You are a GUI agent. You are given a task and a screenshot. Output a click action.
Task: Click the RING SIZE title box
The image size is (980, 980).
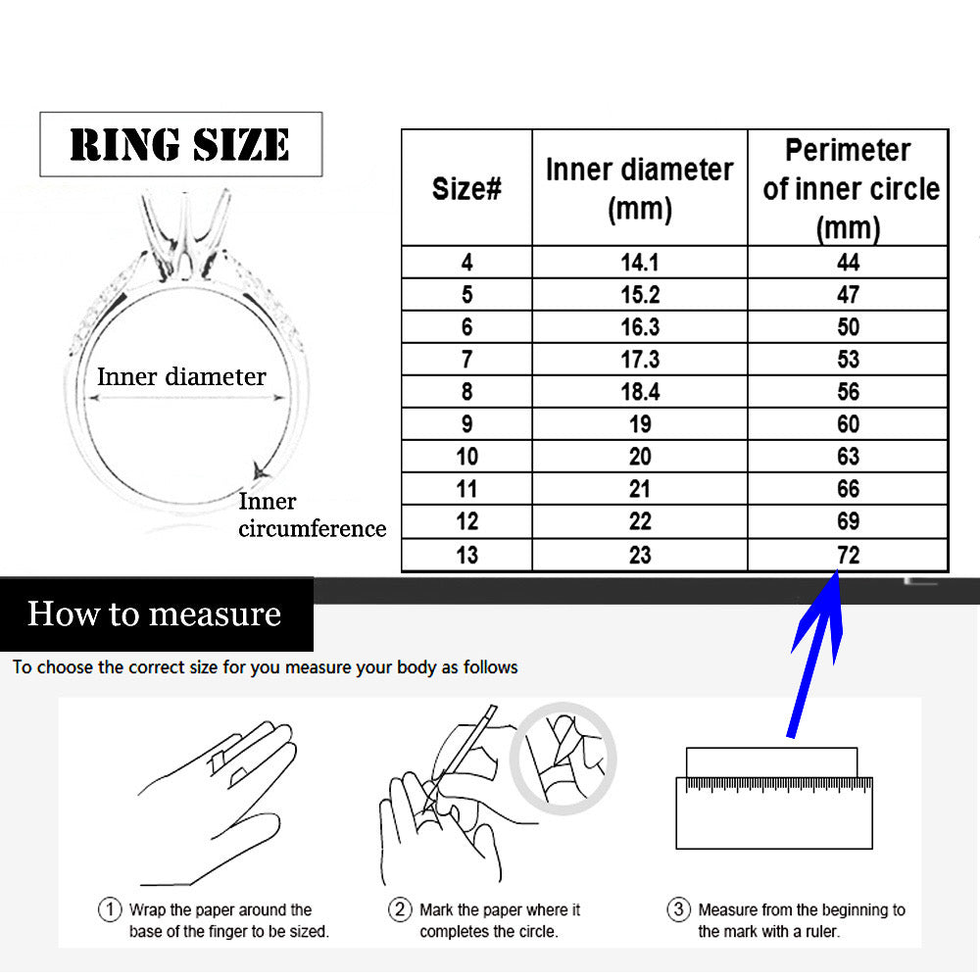[x=180, y=144]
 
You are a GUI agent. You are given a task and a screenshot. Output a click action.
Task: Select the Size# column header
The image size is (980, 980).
[x=466, y=188]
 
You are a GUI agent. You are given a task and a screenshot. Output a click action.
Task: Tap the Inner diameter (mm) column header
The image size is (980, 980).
[x=639, y=188]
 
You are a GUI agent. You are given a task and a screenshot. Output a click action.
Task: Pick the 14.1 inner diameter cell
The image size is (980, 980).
[x=639, y=263]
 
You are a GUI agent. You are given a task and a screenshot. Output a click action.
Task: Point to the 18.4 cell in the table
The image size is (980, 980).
[x=640, y=392]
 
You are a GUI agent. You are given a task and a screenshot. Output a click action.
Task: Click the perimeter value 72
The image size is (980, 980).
[x=848, y=555]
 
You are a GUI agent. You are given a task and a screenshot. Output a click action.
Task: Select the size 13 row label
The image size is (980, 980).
[x=466, y=555]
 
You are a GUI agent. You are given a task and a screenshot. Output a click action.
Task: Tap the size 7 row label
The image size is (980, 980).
[x=466, y=360]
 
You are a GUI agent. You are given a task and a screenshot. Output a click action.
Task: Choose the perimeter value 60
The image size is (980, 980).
[x=848, y=424]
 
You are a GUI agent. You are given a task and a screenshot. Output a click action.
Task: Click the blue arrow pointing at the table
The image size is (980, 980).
[x=815, y=654]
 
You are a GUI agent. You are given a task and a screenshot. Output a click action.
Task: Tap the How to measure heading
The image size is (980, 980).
[x=155, y=613]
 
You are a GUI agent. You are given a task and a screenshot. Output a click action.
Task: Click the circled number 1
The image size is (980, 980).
[x=110, y=908]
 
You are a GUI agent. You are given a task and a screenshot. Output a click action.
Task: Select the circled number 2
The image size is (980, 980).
[x=400, y=908]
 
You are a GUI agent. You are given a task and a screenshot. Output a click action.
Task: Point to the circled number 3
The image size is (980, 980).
[x=679, y=908]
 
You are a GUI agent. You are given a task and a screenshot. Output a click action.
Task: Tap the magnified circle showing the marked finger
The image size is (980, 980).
[x=563, y=759]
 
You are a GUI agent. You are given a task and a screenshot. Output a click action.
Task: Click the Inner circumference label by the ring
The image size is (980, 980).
[x=312, y=515]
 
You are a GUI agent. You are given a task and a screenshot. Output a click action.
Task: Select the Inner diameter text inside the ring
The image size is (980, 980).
[x=181, y=377]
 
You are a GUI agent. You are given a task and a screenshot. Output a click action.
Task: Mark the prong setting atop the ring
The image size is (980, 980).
[x=185, y=237]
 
